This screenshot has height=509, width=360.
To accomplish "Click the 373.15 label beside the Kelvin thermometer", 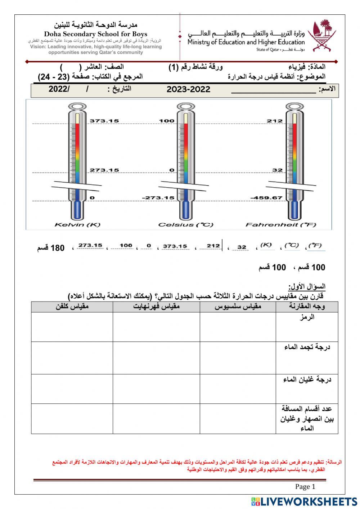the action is pyautogui.click(x=104, y=121).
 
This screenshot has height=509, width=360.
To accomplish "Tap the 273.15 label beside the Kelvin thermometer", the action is pyautogui.click(x=104, y=170).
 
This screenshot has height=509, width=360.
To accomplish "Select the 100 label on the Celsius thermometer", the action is pyautogui.click(x=167, y=121).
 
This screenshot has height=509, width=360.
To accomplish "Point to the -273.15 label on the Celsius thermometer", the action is pyautogui.click(x=158, y=198).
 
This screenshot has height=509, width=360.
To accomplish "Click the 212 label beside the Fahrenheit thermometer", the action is pyautogui.click(x=275, y=121).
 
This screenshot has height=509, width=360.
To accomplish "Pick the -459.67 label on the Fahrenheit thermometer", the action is pyautogui.click(x=266, y=198).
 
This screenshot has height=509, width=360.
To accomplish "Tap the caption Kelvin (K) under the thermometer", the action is pyautogui.click(x=77, y=225).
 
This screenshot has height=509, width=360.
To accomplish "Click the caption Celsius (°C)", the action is pyautogui.click(x=186, y=225).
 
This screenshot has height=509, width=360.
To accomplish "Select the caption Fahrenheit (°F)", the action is pyautogui.click(x=281, y=225).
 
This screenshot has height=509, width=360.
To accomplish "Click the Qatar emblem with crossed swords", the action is pyautogui.click(x=323, y=35).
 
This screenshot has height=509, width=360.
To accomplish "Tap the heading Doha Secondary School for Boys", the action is pyautogui.click(x=96, y=34).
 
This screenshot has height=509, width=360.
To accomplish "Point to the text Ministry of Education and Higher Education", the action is pyautogui.click(x=246, y=42).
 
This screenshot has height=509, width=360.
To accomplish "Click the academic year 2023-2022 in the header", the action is pyautogui.click(x=188, y=90).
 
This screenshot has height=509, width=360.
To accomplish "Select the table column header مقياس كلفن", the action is pyautogui.click(x=72, y=307).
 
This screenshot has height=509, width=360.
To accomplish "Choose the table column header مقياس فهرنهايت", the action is pyautogui.click(x=156, y=307).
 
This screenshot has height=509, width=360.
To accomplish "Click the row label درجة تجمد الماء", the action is pyautogui.click(x=307, y=347).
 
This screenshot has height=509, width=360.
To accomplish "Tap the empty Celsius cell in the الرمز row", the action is pyautogui.click(x=238, y=327).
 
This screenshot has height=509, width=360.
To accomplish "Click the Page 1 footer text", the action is pyautogui.click(x=305, y=487).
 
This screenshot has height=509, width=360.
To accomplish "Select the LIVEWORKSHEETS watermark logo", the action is pyautogui.click(x=304, y=501).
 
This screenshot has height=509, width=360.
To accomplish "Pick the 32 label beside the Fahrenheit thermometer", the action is pyautogui.click(x=277, y=170).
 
